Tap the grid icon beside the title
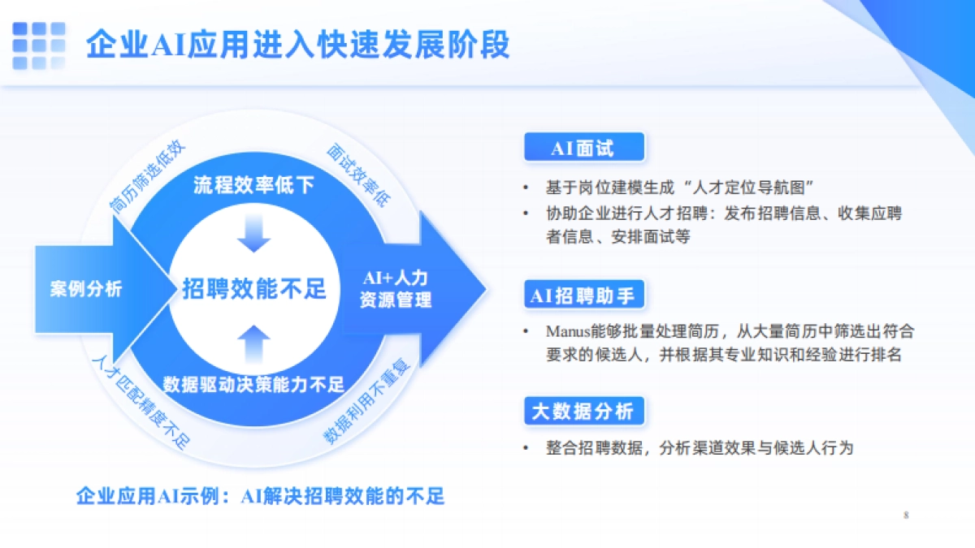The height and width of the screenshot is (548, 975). (38, 45)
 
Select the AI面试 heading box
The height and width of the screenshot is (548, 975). (583, 148)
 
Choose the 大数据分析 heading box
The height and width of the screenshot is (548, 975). (583, 412)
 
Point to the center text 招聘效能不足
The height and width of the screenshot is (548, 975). (254, 288)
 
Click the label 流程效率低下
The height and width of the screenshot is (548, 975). (253, 186)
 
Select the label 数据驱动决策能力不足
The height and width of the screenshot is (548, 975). (253, 384)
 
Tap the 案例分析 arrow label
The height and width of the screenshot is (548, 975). (85, 289)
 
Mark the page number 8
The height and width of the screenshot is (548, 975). (905, 516)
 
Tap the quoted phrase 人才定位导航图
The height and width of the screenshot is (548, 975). (747, 188)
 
